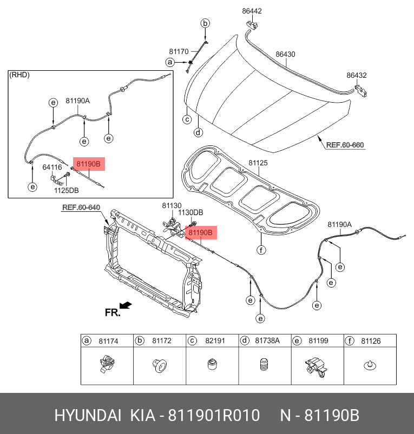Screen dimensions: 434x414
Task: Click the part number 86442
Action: coord(252,11)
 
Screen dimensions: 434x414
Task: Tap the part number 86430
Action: coord(285,55)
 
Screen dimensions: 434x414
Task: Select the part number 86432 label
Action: coord(357,75)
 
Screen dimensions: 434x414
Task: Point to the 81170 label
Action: coord(179,52)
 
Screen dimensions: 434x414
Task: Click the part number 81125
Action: coord(258,163)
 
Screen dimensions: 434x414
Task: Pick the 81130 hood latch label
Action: coord(172,205)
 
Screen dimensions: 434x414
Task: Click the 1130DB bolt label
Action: coord(190,213)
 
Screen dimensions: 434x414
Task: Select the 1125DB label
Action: coord(66,190)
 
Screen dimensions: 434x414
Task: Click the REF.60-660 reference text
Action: coord(345,145)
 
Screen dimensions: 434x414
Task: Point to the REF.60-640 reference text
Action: coord(81,208)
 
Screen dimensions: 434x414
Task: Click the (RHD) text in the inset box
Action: coord(19,75)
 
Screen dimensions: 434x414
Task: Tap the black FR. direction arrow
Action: coord(126,306)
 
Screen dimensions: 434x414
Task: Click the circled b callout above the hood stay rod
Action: coord(205,23)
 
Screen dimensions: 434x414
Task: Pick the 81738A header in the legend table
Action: coord(267,341)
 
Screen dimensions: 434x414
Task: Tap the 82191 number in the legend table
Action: coord(214,341)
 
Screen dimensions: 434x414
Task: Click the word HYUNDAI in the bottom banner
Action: coord(88,416)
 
